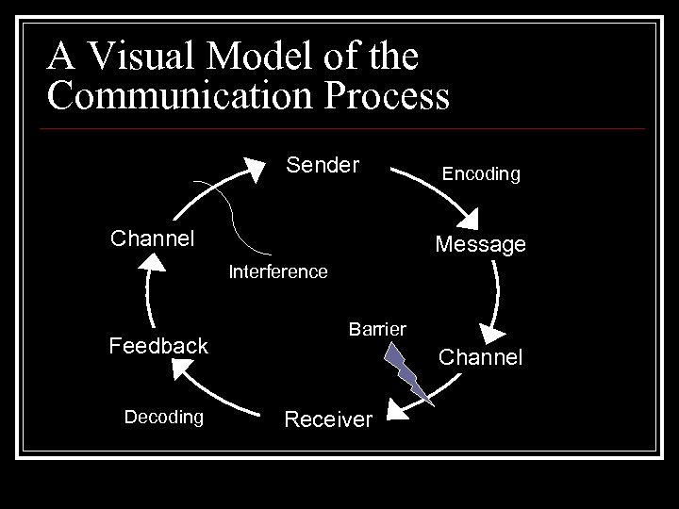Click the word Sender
(323, 167)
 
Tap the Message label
(480, 245)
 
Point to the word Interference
(279, 272)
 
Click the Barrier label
(377, 329)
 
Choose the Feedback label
(158, 346)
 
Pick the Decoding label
(164, 417)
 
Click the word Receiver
(328, 419)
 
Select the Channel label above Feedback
(153, 238)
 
